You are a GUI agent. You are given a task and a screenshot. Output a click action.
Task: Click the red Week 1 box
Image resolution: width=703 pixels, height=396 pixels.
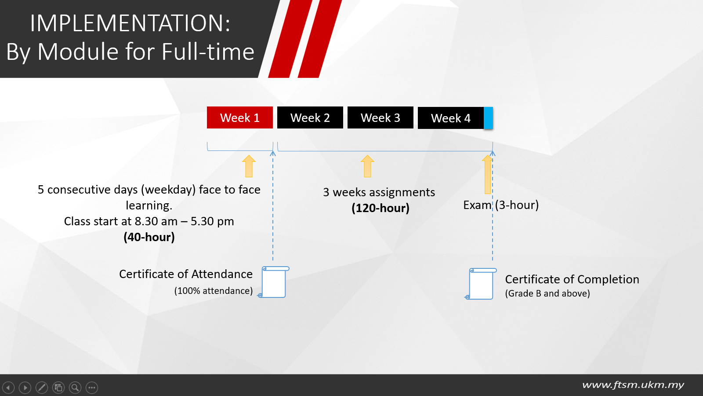click(x=240, y=117)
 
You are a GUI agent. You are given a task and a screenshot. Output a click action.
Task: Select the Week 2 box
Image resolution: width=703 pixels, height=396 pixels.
click(x=310, y=117)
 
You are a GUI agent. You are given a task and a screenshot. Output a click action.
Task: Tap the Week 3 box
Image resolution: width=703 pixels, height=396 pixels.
click(x=380, y=117)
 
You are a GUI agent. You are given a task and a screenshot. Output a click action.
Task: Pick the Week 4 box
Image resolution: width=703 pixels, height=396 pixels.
click(x=451, y=118)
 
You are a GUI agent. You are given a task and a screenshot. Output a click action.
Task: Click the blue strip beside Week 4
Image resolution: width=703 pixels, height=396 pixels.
click(x=488, y=118)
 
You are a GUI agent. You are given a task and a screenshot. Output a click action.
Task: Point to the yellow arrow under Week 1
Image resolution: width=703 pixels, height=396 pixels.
click(x=249, y=166)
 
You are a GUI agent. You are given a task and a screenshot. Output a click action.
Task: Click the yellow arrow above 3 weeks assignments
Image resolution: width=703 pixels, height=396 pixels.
click(x=367, y=166)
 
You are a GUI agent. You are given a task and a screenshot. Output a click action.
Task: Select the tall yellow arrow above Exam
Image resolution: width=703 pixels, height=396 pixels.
click(x=487, y=174)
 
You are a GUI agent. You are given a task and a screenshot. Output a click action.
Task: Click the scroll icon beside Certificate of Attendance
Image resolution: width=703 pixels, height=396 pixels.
click(x=273, y=282)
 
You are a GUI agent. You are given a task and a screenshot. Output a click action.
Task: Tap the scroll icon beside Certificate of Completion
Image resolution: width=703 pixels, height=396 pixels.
click(x=481, y=283)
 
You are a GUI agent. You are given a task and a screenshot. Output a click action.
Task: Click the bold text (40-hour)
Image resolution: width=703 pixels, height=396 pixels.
click(x=149, y=237)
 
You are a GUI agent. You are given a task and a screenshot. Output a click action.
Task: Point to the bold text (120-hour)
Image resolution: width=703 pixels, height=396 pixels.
click(x=380, y=208)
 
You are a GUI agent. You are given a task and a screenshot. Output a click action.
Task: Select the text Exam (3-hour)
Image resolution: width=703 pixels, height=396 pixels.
click(x=501, y=205)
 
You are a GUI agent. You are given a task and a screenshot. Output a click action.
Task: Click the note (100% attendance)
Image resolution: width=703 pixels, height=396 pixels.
click(x=214, y=291)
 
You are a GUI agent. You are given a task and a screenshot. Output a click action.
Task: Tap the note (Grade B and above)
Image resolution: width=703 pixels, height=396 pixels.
click(x=547, y=293)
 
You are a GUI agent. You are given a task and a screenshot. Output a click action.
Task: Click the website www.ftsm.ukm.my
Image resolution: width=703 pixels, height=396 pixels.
click(x=633, y=385)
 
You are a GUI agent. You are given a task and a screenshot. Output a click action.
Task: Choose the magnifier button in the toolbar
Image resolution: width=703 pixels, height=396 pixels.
click(x=75, y=388)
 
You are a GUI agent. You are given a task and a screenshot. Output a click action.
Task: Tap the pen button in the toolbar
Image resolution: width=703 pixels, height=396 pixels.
click(x=42, y=388)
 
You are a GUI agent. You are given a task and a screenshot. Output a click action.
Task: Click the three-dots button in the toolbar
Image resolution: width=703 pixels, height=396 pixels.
click(x=92, y=388)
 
